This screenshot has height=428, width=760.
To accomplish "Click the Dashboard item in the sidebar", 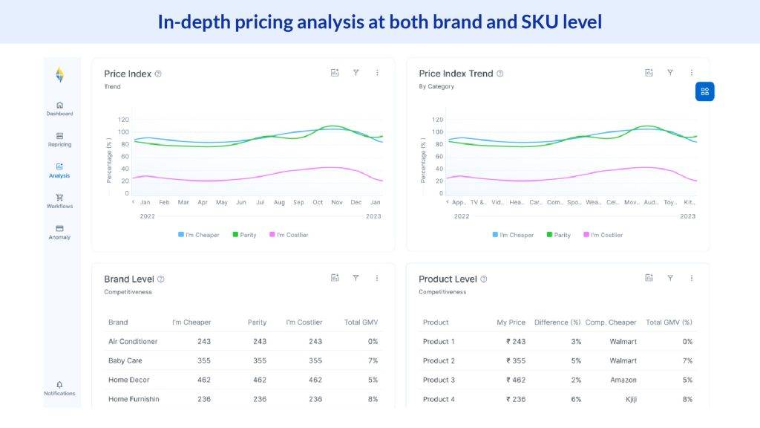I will tap(59, 108).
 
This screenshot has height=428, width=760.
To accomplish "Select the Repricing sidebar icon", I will tap(59, 140).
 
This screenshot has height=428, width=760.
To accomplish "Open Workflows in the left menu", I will tap(59, 201).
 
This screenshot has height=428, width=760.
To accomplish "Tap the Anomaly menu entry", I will tap(59, 232).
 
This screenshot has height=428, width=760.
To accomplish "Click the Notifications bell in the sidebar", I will tap(59, 388).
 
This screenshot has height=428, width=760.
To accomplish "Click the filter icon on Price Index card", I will tap(356, 73).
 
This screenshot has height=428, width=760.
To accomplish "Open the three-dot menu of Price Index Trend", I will tap(692, 73).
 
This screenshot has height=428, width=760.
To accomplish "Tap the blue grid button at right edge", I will tap(704, 91).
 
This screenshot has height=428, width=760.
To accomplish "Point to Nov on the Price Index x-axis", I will tap(337, 202).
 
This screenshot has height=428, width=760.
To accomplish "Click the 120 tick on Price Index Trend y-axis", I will tap(438, 120).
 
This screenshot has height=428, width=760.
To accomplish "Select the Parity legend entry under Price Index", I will tap(244, 235).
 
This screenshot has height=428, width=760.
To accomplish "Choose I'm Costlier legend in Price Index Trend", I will tap(603, 235).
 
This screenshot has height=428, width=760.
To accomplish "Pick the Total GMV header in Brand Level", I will tap(361, 322).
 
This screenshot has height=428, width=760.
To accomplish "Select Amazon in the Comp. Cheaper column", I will tap(623, 380).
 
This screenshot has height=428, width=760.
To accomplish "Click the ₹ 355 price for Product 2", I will tap(516, 361).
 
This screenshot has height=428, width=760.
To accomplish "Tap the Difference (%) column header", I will tap(557, 322).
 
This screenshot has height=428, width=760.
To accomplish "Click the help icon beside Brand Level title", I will tap(161, 279).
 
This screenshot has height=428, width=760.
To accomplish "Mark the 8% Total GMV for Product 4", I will tap(687, 400).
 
